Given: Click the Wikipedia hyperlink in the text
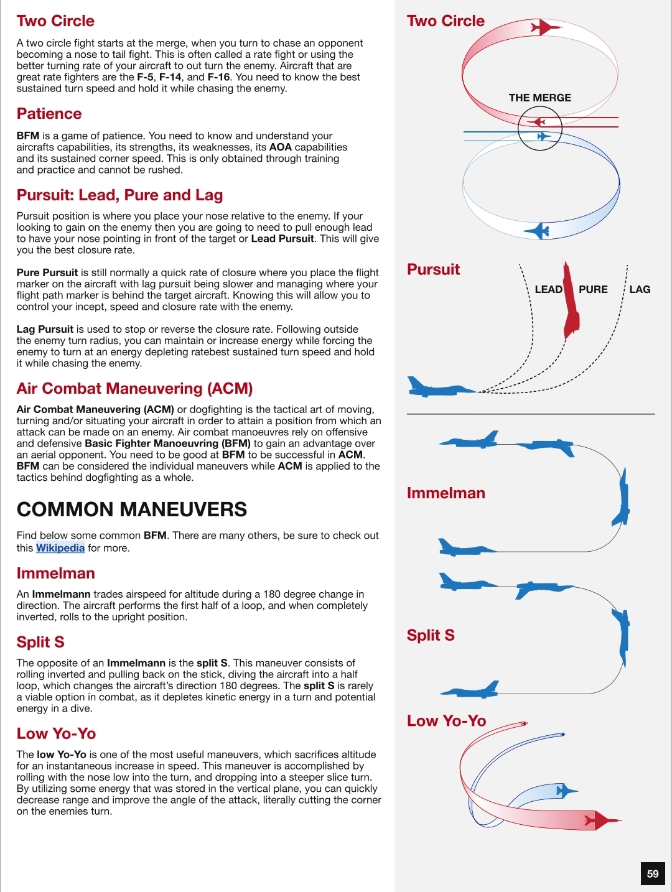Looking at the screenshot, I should pos(60,548).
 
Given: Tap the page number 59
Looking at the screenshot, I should pos(653,873).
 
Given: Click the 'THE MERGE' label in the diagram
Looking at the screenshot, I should pos(539,98).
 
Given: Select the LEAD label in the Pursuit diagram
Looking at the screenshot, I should pos(548,289).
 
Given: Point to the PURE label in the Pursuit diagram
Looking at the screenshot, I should pos(593,289).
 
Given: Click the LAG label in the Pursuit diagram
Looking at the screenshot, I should pos(640,289).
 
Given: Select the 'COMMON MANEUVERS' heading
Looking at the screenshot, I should pos(132,509).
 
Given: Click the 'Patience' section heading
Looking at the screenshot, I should pos(49,114).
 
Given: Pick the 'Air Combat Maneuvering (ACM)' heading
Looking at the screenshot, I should pos(134,389).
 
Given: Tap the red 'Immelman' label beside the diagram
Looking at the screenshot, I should pos(446,493).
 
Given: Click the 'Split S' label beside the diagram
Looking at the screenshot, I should pos(431,635).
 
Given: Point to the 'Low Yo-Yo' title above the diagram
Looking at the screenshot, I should pos(446,721).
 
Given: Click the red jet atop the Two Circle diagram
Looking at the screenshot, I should pos(544,27).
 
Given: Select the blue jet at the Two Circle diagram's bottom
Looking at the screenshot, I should pos(538,231).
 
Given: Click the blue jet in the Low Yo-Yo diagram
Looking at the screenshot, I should pos(565,791).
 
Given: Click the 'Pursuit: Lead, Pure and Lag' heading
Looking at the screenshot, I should pos(119,195).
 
